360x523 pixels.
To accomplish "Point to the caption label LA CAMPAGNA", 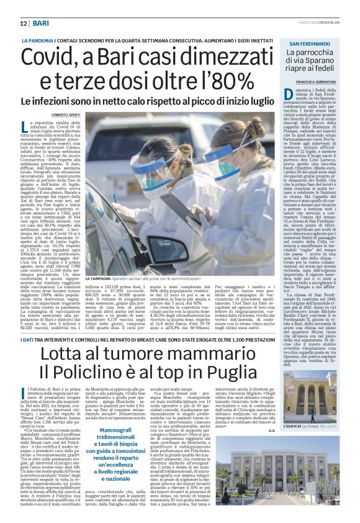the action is tap(101, 281).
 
